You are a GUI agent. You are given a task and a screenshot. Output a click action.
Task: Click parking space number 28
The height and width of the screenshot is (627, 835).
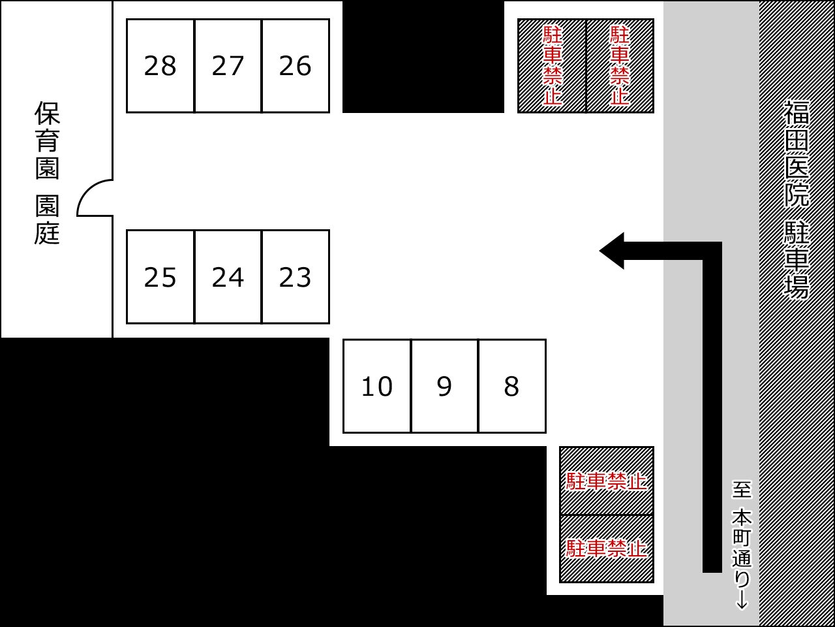coord(160,66)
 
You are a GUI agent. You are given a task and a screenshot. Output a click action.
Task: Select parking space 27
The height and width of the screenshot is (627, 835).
coord(228,66)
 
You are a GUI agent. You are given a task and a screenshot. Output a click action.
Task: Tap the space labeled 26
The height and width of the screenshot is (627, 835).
coord(296,66)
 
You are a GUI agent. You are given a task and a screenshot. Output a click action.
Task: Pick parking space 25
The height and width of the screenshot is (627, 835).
coord(160,277)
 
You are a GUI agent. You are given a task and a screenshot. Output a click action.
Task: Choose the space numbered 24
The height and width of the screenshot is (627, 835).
coord(228,277)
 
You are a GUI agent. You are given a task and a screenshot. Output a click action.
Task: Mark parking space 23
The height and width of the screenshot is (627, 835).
coord(296,277)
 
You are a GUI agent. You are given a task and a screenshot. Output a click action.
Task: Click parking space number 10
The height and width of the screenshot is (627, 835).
coord(377,386)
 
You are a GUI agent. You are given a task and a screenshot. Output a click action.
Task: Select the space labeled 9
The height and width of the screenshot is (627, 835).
coord(444,386)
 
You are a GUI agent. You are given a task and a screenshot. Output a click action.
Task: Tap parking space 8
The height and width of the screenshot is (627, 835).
coord(512,386)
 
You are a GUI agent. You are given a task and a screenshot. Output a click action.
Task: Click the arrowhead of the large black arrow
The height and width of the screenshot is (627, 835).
coord(613,251)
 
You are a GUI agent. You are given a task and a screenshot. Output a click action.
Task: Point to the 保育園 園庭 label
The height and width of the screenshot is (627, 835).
coord(47,172)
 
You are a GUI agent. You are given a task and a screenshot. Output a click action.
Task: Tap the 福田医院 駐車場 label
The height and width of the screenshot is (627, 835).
coord(797,199)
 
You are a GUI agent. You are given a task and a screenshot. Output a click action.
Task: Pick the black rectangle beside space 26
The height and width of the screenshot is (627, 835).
coord(423,57)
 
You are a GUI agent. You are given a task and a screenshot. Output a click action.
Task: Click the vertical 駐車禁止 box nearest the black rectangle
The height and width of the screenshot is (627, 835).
coord(552,66)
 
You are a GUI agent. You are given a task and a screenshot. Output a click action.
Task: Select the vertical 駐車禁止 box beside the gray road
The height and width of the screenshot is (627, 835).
coord(620,66)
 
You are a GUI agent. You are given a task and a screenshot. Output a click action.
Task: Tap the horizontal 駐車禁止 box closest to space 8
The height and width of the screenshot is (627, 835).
coord(607,481)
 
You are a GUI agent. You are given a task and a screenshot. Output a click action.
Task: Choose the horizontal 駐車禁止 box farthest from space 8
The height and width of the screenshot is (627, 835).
coord(607,549)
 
